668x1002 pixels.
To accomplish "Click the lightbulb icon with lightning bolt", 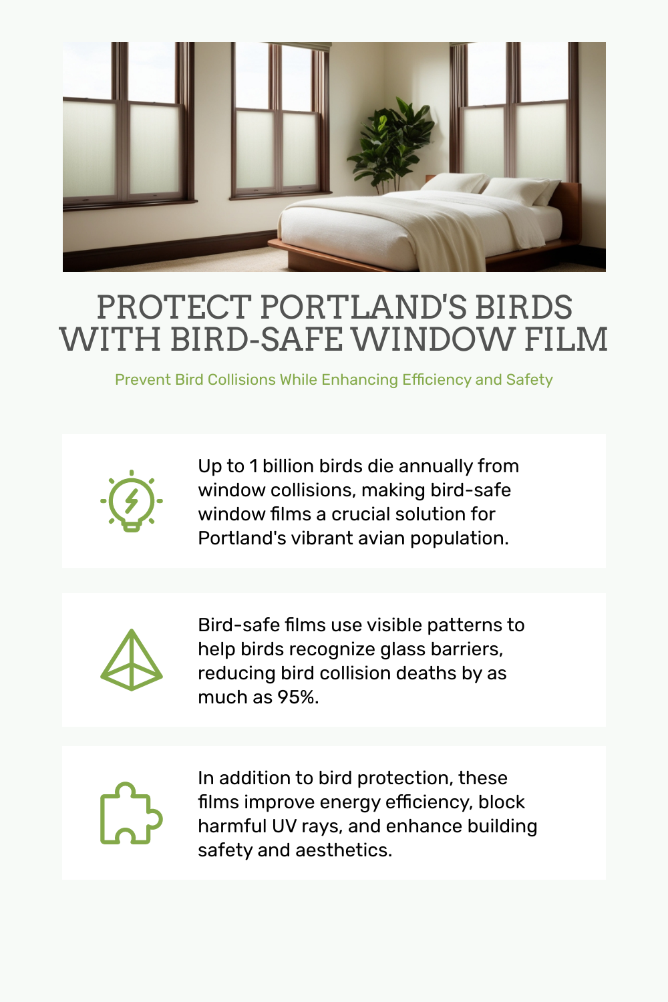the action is (x=131, y=501).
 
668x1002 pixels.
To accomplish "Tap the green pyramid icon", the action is (x=131, y=660).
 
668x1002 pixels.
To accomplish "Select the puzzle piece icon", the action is (x=131, y=813).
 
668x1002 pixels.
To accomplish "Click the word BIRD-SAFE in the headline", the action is (x=257, y=339).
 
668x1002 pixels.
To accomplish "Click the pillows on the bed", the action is (x=492, y=188).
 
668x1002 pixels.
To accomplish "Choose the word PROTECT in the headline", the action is (x=174, y=307).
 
